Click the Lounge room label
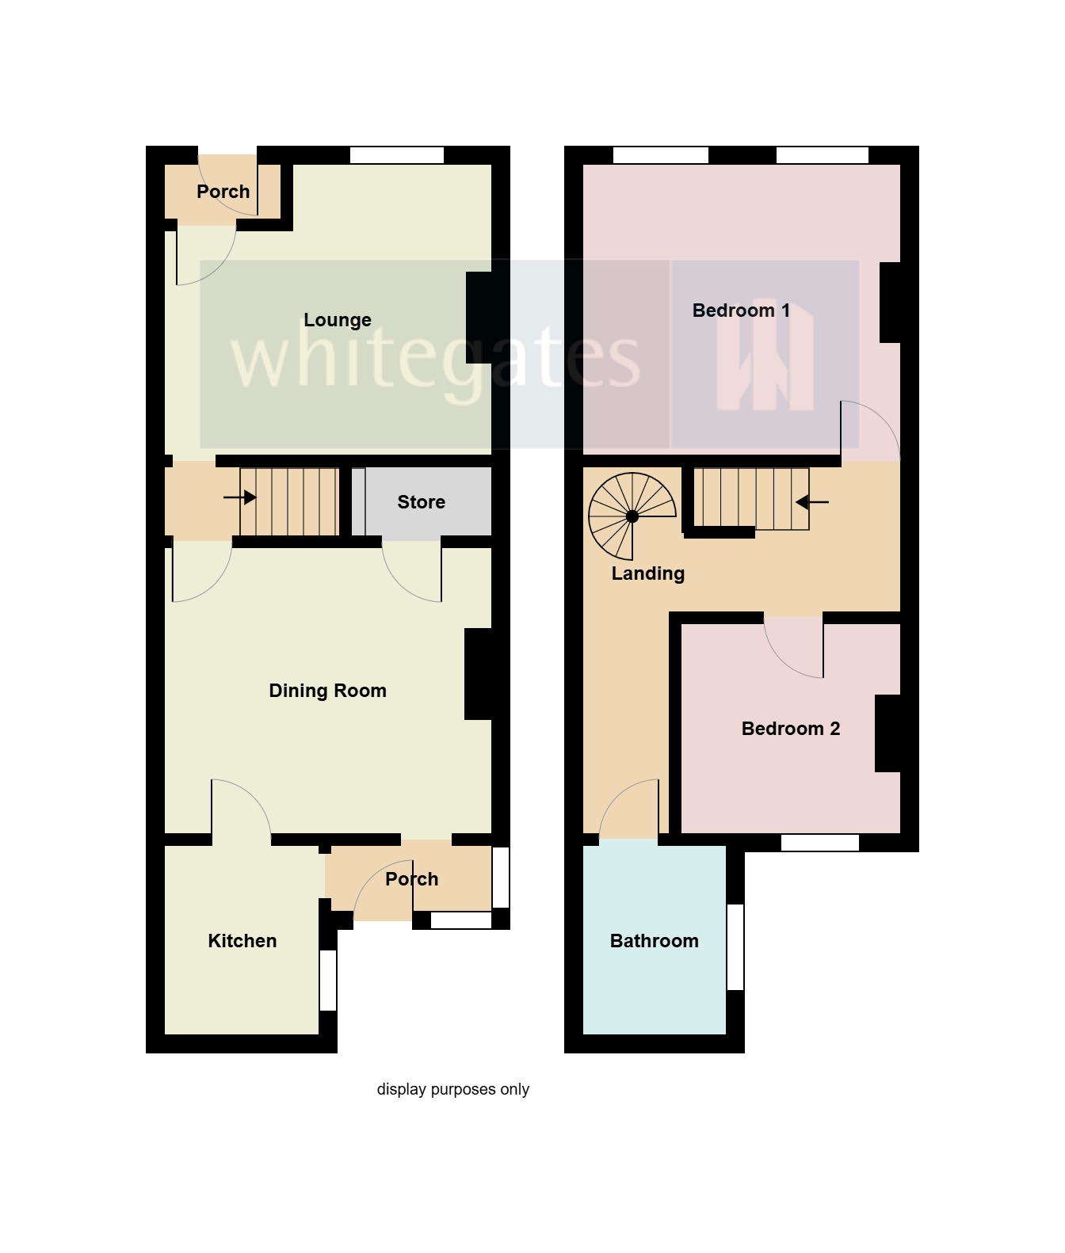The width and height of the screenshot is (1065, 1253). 338,320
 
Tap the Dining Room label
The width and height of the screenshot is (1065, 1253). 327,691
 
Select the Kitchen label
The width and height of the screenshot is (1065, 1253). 242,941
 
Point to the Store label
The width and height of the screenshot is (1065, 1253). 421,502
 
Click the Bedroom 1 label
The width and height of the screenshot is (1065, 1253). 741,310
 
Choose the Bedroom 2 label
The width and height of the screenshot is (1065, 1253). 790,729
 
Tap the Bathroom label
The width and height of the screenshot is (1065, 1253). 654,941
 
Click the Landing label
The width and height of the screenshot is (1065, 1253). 647,573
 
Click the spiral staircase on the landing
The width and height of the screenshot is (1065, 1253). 632,516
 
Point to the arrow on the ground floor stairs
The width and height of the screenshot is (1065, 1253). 239,497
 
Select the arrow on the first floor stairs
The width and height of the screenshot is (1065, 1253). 812,502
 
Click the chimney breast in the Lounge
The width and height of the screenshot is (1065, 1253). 479,318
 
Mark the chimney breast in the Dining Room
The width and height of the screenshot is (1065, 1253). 478,674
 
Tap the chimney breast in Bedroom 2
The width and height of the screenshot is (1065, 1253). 887,733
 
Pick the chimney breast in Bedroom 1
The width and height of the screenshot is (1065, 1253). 891,303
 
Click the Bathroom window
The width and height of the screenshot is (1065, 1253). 735,946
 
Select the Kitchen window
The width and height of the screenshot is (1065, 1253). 328,980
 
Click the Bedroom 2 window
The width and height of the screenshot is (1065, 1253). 820,843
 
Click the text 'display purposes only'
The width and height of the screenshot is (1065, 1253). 452,1089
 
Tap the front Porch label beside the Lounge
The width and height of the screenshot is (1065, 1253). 223,192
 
